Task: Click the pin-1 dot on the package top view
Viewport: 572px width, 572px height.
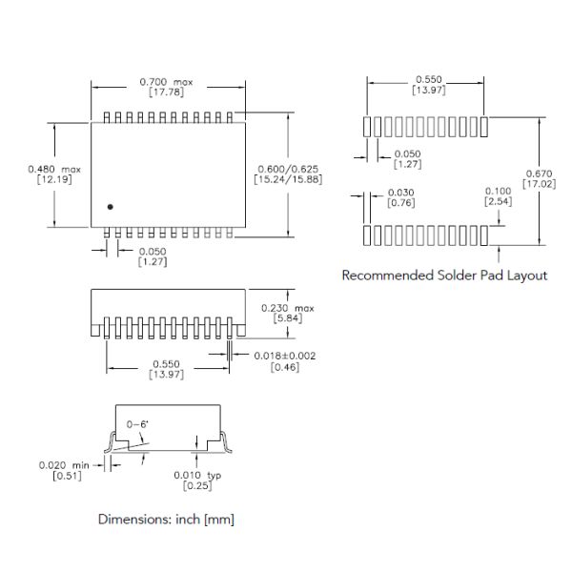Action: tap(111, 206)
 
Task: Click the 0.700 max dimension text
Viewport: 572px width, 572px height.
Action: tap(167, 82)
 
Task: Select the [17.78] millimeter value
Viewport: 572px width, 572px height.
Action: tap(167, 92)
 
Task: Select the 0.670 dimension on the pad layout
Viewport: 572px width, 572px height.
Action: tap(539, 173)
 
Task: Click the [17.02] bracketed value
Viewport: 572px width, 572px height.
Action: tap(539, 183)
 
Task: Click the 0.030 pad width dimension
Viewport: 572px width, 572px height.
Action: tap(401, 192)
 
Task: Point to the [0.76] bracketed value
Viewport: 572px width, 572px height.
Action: tap(399, 202)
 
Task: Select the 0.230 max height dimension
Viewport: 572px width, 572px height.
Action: tap(287, 308)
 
